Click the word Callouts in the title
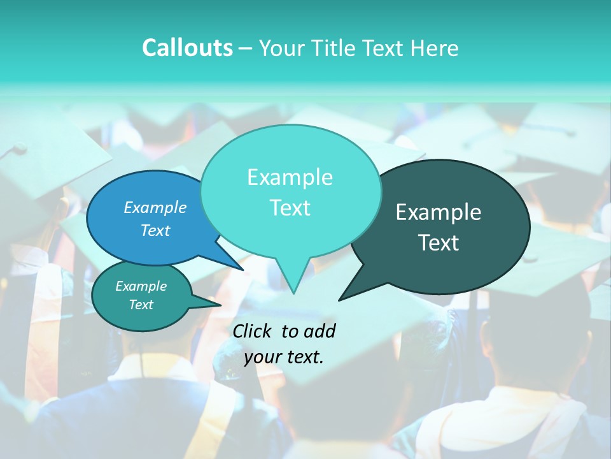click(x=187, y=48)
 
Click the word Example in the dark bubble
click(x=439, y=212)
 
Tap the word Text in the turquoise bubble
click(x=290, y=208)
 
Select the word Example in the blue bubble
click(x=155, y=207)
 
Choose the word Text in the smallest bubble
click(x=141, y=305)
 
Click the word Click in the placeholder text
click(x=253, y=331)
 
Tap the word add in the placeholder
click(x=320, y=331)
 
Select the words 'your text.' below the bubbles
click(x=284, y=357)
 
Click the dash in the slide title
click(x=246, y=48)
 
